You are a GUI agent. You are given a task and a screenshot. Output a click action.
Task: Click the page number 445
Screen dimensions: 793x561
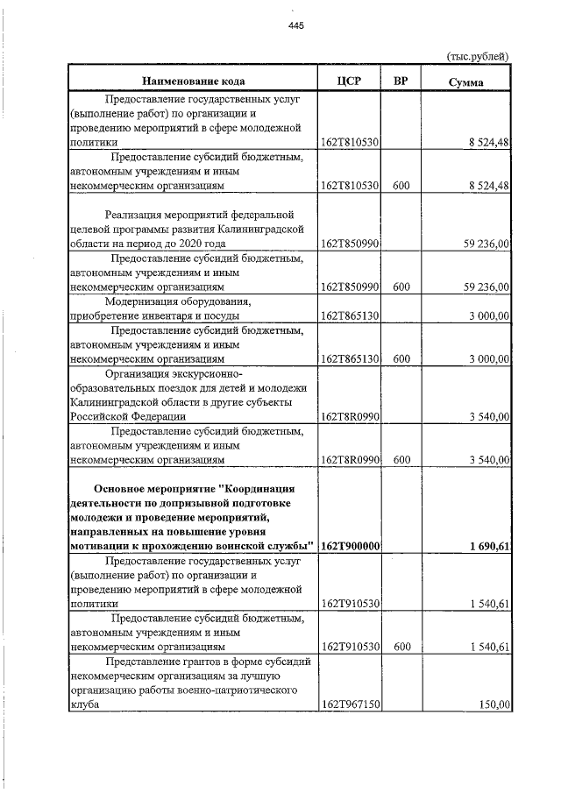click(x=295, y=25)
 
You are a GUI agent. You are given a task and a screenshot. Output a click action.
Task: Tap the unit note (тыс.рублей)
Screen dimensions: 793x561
click(x=479, y=56)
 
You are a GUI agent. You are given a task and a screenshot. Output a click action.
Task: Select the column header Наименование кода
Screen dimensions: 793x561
click(x=191, y=81)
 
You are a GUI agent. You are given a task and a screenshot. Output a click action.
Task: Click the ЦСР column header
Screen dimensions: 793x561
click(x=349, y=81)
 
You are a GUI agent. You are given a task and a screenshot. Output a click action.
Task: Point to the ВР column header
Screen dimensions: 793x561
click(x=401, y=81)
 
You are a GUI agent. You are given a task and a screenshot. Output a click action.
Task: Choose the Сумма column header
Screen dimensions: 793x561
click(x=465, y=81)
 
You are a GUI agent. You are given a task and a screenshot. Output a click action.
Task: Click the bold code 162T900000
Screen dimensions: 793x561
click(x=350, y=546)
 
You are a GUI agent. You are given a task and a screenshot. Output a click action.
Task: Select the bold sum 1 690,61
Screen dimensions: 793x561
click(x=489, y=546)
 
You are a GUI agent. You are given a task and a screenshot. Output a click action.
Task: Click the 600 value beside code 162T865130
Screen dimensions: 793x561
click(x=401, y=358)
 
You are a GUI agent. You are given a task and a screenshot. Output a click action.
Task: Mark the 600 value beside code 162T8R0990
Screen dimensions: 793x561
click(x=401, y=459)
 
